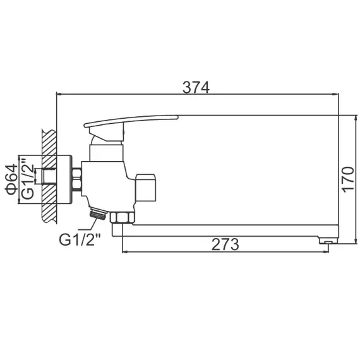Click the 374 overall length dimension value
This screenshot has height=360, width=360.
(x=196, y=88)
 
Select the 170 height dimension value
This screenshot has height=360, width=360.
(x=347, y=178)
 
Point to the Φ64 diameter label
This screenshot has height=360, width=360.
(x=11, y=178)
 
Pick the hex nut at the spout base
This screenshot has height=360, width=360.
(x=121, y=218)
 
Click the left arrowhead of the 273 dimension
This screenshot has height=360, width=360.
(x=124, y=251)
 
